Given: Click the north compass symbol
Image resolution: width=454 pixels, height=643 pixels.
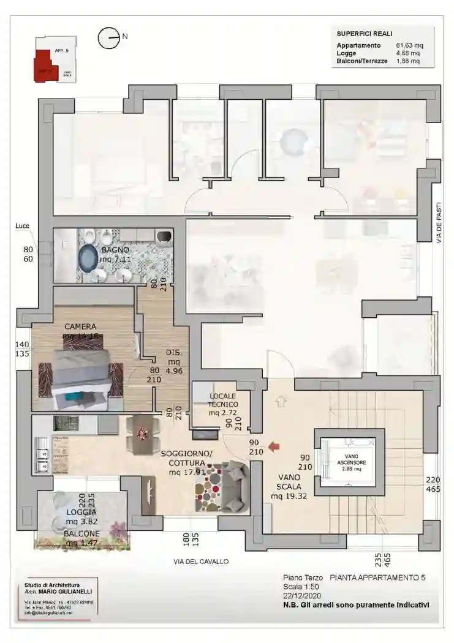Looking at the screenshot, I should tap(108, 38).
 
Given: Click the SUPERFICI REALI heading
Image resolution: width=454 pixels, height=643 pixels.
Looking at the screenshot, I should tap(365, 34).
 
